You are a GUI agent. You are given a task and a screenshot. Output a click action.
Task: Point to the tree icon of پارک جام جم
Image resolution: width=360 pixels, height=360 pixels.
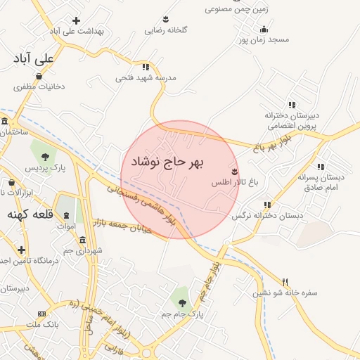[x=183, y=303]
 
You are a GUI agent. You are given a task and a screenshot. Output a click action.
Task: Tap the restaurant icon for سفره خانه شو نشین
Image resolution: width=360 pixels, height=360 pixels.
[x=285, y=281]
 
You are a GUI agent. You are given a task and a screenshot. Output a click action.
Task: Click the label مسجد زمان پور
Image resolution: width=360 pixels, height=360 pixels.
[x=262, y=41]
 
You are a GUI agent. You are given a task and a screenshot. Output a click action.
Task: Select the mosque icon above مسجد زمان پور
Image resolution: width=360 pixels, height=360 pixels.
[x=264, y=29]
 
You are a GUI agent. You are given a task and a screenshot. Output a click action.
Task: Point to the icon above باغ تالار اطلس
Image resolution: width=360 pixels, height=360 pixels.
[x=235, y=172]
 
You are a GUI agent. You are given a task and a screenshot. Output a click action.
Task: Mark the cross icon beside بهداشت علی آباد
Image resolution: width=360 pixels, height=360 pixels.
[x=76, y=20]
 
